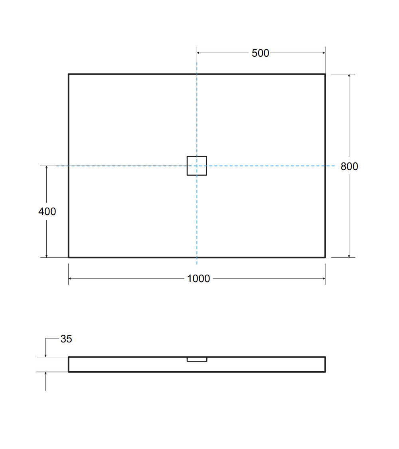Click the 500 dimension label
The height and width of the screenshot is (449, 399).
pyautogui.click(x=260, y=53)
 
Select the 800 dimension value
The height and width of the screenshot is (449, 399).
pyautogui.click(x=349, y=166)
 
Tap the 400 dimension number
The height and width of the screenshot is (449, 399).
pyautogui.click(x=47, y=212)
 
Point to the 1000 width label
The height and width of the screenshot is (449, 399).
pyautogui.click(x=198, y=279)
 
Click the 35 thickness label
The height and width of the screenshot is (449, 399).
pyautogui.click(x=66, y=339)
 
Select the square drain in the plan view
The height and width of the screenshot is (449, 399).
pyautogui.click(x=197, y=166)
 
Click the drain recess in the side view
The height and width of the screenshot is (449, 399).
pyautogui.click(x=197, y=360)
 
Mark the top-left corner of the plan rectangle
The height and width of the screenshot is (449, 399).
pyautogui.click(x=69, y=74)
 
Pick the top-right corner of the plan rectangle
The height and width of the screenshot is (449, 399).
pyautogui.click(x=325, y=74)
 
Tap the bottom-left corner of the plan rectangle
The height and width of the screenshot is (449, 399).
pyautogui.click(x=69, y=257)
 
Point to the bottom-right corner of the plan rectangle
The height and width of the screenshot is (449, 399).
pyautogui.click(x=325, y=257)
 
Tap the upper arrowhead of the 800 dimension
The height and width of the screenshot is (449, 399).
pyautogui.click(x=349, y=76)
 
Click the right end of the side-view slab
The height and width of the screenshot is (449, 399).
pyautogui.click(x=325, y=364)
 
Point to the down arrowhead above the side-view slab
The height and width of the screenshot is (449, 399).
pyautogui.click(x=46, y=355)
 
